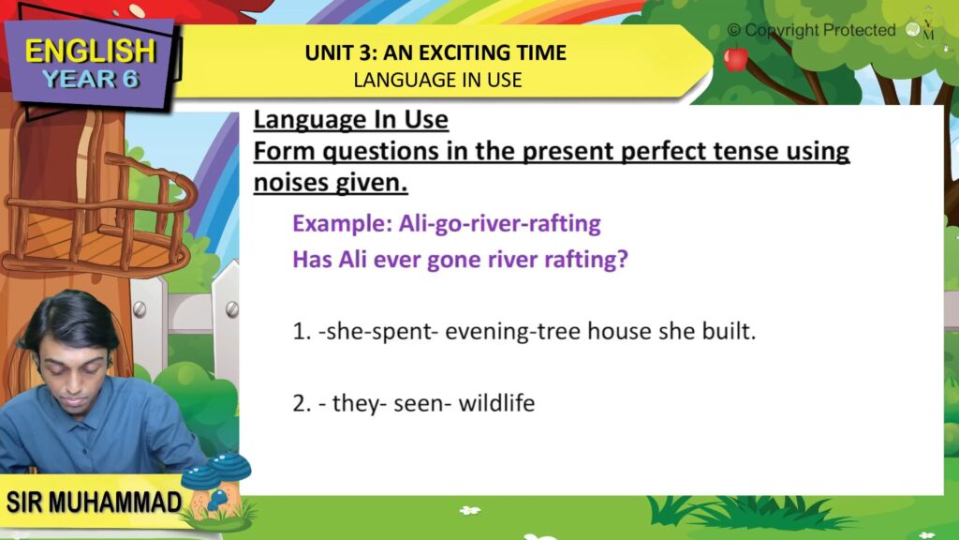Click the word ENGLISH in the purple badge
(x=91, y=51)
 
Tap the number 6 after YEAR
(x=129, y=80)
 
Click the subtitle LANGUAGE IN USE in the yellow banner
(x=437, y=81)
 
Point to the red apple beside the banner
(x=736, y=59)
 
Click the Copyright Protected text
(x=811, y=30)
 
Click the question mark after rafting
(x=623, y=259)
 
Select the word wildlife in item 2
(x=496, y=403)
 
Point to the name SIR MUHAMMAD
(x=94, y=502)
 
